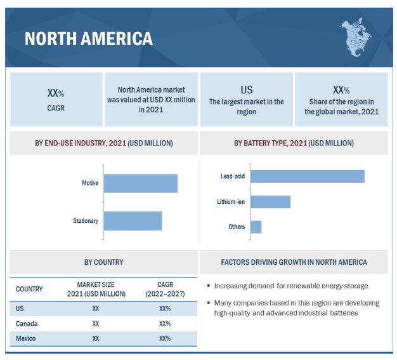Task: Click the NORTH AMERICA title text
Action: (88, 38)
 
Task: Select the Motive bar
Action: (140, 183)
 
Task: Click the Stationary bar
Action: (133, 221)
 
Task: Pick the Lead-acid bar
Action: (307, 176)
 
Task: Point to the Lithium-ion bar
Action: (270, 202)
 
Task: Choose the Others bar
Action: (256, 227)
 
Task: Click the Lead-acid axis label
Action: (232, 176)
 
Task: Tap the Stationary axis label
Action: (86, 221)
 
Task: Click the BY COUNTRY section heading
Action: (103, 262)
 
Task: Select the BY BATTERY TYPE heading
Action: (294, 143)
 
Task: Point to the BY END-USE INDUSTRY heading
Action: (103, 143)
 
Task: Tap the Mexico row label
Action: (26, 338)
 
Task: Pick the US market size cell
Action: (96, 308)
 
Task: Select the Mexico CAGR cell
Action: (165, 338)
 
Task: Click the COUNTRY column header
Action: (29, 289)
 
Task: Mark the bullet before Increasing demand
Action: (209, 286)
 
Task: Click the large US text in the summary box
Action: (247, 90)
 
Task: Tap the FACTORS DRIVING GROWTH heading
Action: (294, 262)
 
